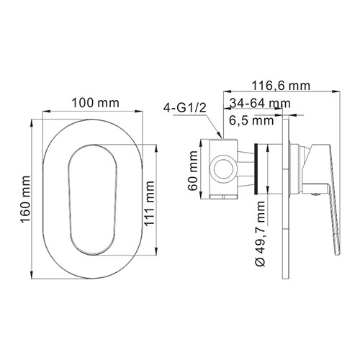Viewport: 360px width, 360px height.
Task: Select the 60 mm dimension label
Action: click(x=193, y=170)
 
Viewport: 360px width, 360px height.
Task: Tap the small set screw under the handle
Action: click(x=315, y=192)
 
